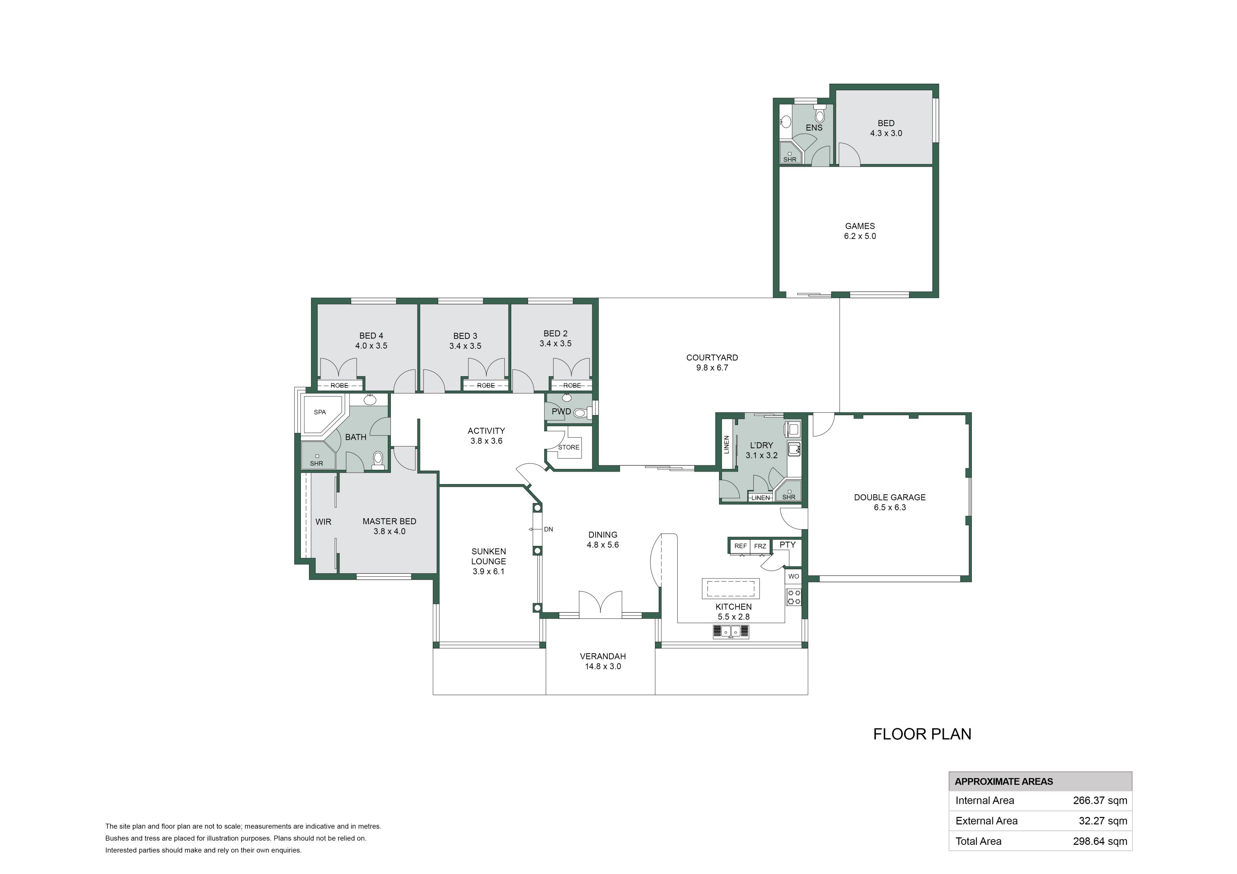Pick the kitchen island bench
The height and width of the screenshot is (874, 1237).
coord(731,589)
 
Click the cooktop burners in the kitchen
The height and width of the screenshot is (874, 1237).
coord(794,597)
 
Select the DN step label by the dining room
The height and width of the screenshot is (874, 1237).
coord(549,529)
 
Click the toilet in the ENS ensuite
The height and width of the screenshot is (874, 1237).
coord(820,115)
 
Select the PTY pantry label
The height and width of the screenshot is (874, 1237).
coord(787,545)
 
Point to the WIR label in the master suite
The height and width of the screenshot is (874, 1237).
coord(323,522)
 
